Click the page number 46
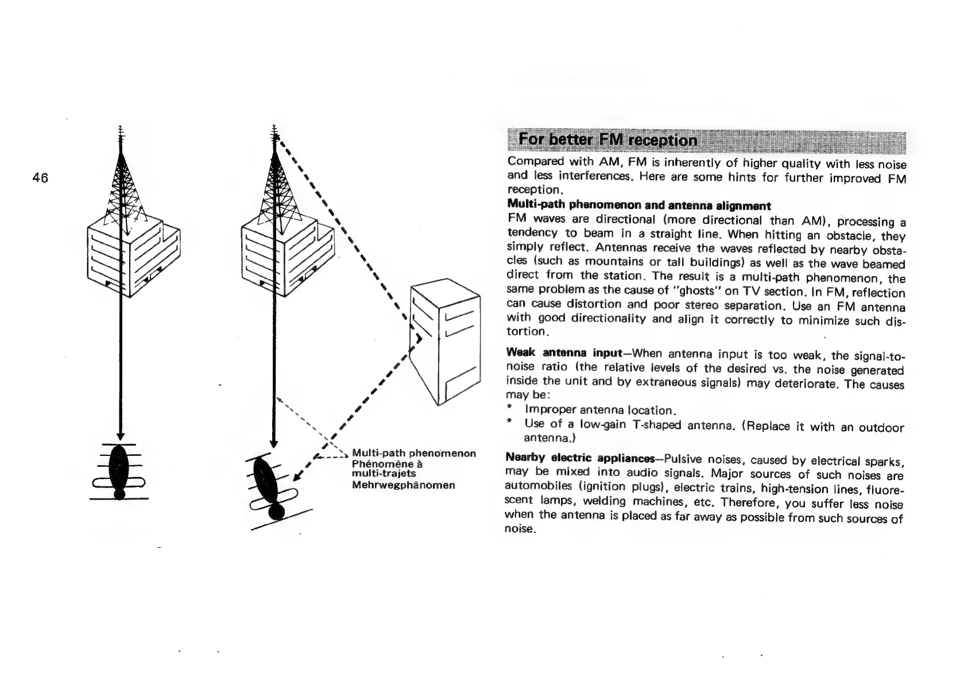pyautogui.click(x=40, y=178)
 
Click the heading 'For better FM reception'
pyautogui.click(x=608, y=140)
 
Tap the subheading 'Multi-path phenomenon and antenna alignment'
pyautogui.click(x=638, y=205)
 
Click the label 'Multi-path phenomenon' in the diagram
pyautogui.click(x=413, y=454)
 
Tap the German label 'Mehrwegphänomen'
pyautogui.click(x=403, y=485)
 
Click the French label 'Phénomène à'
pyautogui.click(x=387, y=464)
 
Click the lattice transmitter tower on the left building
pyautogui.click(x=121, y=184)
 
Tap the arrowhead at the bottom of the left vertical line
pyautogui.click(x=119, y=435)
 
